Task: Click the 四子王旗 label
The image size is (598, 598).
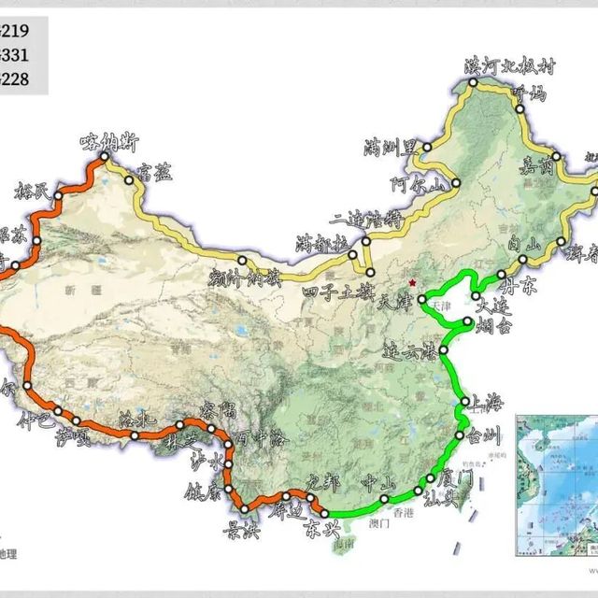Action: pos(335,292)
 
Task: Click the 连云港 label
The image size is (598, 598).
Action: pos(410,354)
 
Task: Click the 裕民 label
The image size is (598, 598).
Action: pos(34,192)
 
